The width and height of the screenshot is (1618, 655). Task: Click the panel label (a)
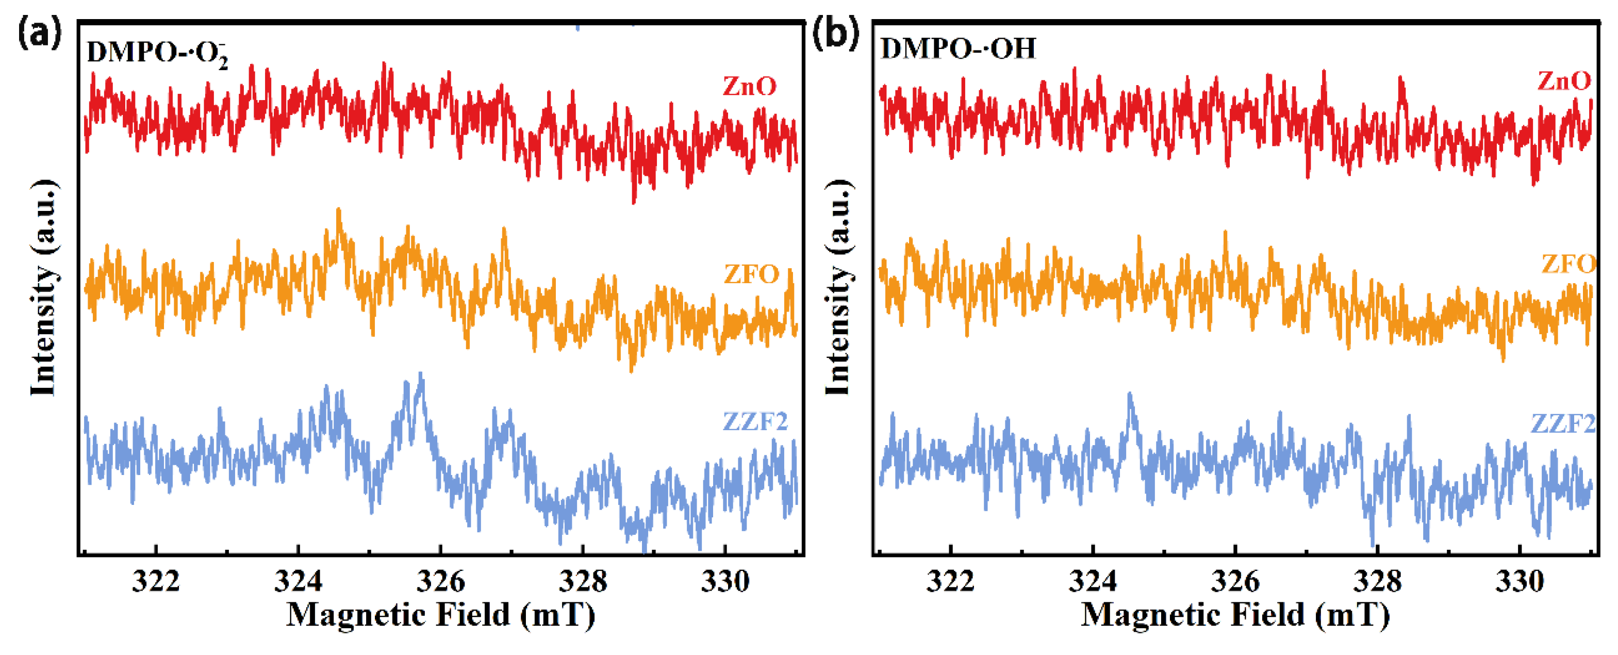coord(39,32)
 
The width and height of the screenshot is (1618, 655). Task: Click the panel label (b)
coord(835,32)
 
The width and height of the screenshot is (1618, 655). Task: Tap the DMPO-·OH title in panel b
coord(958,48)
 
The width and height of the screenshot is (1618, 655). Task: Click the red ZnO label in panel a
coord(749,86)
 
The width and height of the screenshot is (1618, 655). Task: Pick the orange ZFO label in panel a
coord(751,274)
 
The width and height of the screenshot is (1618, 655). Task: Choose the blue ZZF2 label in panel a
coord(755,421)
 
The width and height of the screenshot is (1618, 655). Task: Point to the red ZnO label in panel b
coord(1563,81)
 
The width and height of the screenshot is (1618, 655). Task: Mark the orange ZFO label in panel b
coord(1568,264)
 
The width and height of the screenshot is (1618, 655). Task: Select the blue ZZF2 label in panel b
coord(1563,424)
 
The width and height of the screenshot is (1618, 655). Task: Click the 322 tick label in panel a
coord(156,582)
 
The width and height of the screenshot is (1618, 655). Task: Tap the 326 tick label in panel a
coord(440,582)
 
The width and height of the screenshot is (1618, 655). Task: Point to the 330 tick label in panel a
coord(725,582)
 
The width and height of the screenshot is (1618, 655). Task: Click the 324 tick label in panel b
coord(1093,582)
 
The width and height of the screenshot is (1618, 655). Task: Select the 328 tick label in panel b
coord(1377,582)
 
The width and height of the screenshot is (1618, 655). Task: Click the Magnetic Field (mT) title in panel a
coord(440,615)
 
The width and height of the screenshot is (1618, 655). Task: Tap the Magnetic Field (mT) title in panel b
coord(1235,615)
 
